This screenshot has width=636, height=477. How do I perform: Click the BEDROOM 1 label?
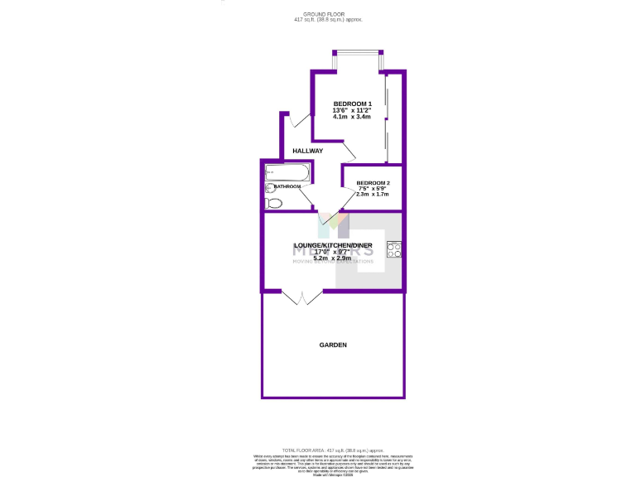click(x=353, y=104)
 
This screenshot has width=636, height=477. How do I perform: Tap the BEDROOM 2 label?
click(x=373, y=183)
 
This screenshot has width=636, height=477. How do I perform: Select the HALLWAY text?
click(x=307, y=151)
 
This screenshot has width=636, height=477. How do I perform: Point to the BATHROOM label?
click(x=287, y=187)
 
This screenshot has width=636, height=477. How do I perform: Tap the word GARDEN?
click(x=333, y=344)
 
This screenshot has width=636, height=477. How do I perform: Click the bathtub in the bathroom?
click(x=287, y=172)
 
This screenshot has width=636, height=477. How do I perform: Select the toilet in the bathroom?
click(x=273, y=203)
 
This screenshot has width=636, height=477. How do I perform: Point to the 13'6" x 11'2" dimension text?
click(x=352, y=110)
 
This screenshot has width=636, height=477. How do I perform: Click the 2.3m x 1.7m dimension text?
click(x=373, y=195)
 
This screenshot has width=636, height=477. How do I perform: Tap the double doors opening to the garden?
click(x=301, y=296)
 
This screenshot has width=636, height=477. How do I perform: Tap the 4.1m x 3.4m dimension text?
click(x=352, y=117)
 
